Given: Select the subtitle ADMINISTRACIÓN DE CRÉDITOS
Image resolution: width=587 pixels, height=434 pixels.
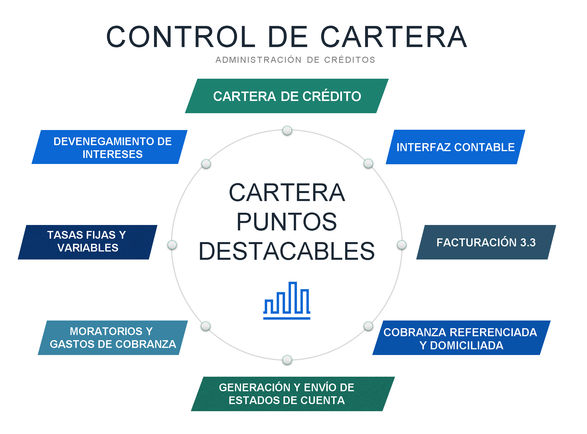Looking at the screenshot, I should tap(295, 60).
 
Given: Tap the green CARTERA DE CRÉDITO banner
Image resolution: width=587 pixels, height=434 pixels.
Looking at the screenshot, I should tap(287, 96).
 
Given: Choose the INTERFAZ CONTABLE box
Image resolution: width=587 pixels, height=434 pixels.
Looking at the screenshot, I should tap(455, 147).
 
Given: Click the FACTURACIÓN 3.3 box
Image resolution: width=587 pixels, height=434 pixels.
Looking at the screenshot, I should tap(486, 242).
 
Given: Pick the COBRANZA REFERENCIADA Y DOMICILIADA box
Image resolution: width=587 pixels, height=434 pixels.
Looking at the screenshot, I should tap(461, 338).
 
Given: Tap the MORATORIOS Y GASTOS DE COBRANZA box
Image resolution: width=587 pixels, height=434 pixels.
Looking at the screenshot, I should tap(113, 338).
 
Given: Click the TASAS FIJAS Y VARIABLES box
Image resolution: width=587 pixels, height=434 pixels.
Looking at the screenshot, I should tap(87, 242).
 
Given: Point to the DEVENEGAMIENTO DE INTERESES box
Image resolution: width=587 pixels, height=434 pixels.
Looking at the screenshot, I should tap(110, 147).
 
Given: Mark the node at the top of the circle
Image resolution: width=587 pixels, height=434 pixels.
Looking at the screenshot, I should tap(287, 130).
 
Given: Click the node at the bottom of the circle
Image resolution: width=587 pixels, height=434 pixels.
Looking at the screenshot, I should tap(287, 360).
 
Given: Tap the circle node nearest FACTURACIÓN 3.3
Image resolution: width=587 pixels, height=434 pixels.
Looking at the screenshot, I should tap(402, 245).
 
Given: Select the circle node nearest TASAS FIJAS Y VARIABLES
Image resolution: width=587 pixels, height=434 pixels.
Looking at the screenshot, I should tap(172, 245).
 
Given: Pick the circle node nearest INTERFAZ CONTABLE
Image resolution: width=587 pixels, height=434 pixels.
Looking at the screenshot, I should tap(368, 163).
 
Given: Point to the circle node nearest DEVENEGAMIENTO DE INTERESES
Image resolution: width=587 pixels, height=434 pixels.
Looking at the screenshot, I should tap(206, 164).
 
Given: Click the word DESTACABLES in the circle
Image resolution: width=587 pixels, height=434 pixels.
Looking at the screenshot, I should tap(287, 251).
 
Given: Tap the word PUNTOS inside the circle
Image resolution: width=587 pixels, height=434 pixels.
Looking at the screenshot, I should tap(287, 222).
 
